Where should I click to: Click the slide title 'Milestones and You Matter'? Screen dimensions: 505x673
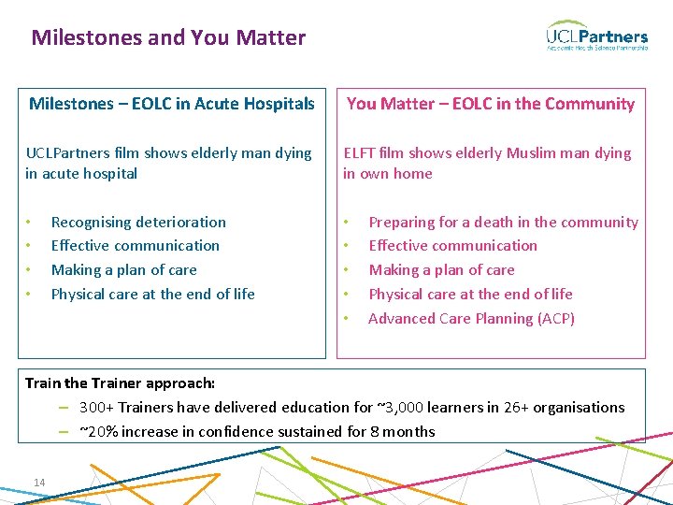pyautogui.click(x=168, y=38)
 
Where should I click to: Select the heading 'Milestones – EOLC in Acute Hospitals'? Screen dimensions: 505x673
pyautogui.click(x=172, y=104)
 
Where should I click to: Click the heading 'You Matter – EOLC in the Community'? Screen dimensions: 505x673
pyautogui.click(x=491, y=104)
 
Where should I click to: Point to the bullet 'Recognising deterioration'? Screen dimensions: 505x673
pyautogui.click(x=138, y=223)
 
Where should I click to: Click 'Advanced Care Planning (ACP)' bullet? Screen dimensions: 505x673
pyautogui.click(x=471, y=319)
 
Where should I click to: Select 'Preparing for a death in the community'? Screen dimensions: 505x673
pyautogui.click(x=503, y=223)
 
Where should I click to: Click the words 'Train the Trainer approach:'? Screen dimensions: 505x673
pyautogui.click(x=120, y=383)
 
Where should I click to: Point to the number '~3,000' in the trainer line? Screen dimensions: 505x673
pyautogui.click(x=400, y=408)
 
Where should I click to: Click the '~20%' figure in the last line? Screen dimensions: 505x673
pyautogui.click(x=98, y=432)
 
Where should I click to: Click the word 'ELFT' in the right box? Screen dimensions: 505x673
pyautogui.click(x=360, y=153)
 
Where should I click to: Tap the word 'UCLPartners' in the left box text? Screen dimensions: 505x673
pyautogui.click(x=67, y=153)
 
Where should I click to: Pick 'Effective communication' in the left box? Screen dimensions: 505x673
pyautogui.click(x=135, y=246)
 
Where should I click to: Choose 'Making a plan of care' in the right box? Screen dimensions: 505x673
pyautogui.click(x=441, y=270)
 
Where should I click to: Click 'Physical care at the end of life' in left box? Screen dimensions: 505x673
pyautogui.click(x=152, y=295)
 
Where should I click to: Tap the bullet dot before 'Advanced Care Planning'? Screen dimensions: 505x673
pyautogui.click(x=347, y=319)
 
